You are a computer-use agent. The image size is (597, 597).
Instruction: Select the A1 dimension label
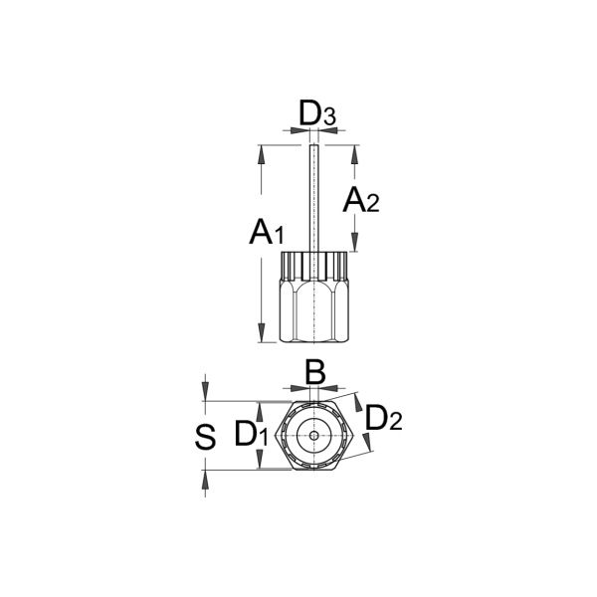pos(267,232)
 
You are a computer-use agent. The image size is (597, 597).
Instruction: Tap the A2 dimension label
pos(361,200)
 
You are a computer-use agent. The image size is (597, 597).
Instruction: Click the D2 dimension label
pos(383,418)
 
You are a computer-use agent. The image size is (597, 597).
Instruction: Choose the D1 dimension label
pos(252,433)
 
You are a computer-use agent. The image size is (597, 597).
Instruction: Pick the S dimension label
pos(205,437)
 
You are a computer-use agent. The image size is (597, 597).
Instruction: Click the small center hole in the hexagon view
pos(313,436)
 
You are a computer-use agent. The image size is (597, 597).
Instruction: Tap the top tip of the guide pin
pos(313,144)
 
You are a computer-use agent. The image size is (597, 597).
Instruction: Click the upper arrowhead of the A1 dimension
pos(261,154)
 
